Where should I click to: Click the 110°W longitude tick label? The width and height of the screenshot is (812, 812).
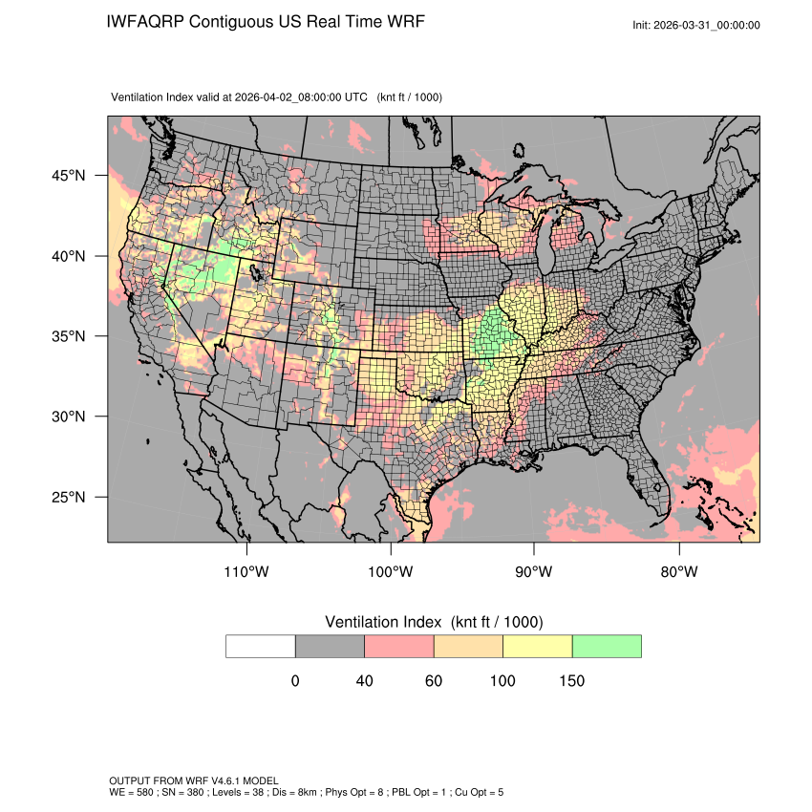pos(247,572)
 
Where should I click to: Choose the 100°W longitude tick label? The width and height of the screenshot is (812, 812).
pos(391,572)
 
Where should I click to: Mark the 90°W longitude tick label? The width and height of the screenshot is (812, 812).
pos(534,572)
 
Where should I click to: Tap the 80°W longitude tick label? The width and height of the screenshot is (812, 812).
pos(678,572)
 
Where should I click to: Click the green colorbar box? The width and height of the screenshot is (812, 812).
pos(607,646)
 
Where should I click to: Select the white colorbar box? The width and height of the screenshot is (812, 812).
pos(261,646)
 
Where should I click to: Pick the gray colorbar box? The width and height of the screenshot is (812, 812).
pos(330,646)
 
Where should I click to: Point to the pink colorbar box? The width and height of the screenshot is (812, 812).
pos(399,646)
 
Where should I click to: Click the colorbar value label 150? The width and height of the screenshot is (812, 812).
pos(571,681)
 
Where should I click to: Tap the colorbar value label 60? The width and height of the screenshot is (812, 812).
pos(434,681)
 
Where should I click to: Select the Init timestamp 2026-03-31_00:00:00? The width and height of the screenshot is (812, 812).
pos(710,25)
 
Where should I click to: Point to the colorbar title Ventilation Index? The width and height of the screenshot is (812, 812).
pos(386,622)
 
